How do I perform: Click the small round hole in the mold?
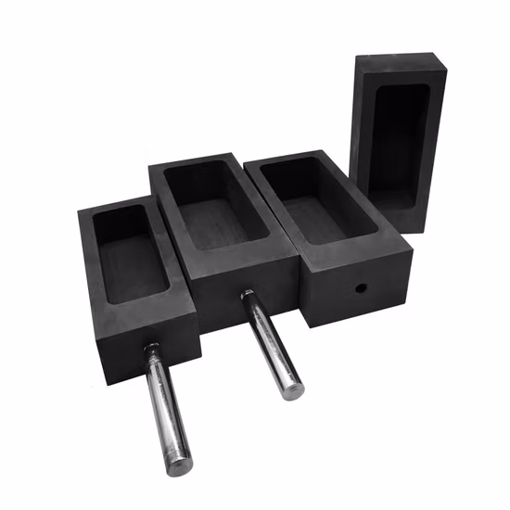point(357,289)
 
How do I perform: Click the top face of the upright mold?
point(399,63)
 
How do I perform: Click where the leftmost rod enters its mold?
point(151,351)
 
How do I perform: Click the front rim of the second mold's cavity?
point(245,249)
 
